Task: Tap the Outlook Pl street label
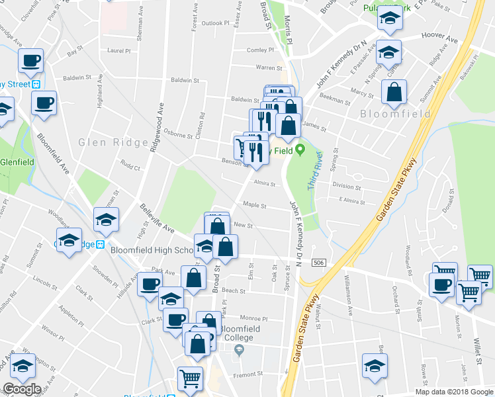[x=215, y=23]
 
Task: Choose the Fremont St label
[x=251, y=374]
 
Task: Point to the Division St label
[x=347, y=186]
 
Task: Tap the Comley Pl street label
[x=260, y=50]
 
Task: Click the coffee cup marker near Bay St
[x=30, y=61]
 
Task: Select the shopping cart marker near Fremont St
[x=191, y=379]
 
